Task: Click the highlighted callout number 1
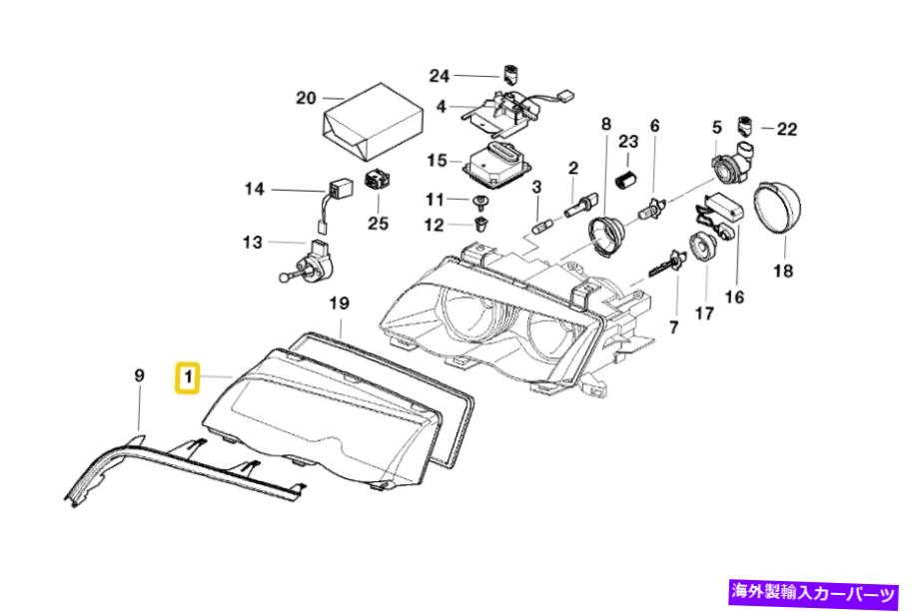pos(186,377)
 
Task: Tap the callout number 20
pos(306,98)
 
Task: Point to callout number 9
pos(139,375)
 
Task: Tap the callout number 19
pos(339,303)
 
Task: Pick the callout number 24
pos(441,75)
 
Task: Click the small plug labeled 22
pos(745,127)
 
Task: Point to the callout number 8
pos(605,125)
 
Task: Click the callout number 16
pos(735,297)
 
